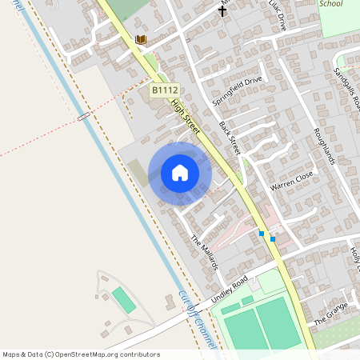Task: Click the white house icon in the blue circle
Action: pyautogui.click(x=179, y=173)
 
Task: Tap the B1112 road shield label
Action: pyautogui.click(x=163, y=91)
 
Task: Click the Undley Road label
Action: pyautogui.click(x=230, y=289)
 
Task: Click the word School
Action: pyautogui.click(x=330, y=4)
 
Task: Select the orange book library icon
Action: pyautogui.click(x=141, y=39)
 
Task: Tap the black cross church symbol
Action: pyautogui.click(x=223, y=10)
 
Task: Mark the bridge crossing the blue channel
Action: pyautogui.click(x=83, y=116)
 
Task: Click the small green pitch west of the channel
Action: pyautogui.click(x=123, y=300)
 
